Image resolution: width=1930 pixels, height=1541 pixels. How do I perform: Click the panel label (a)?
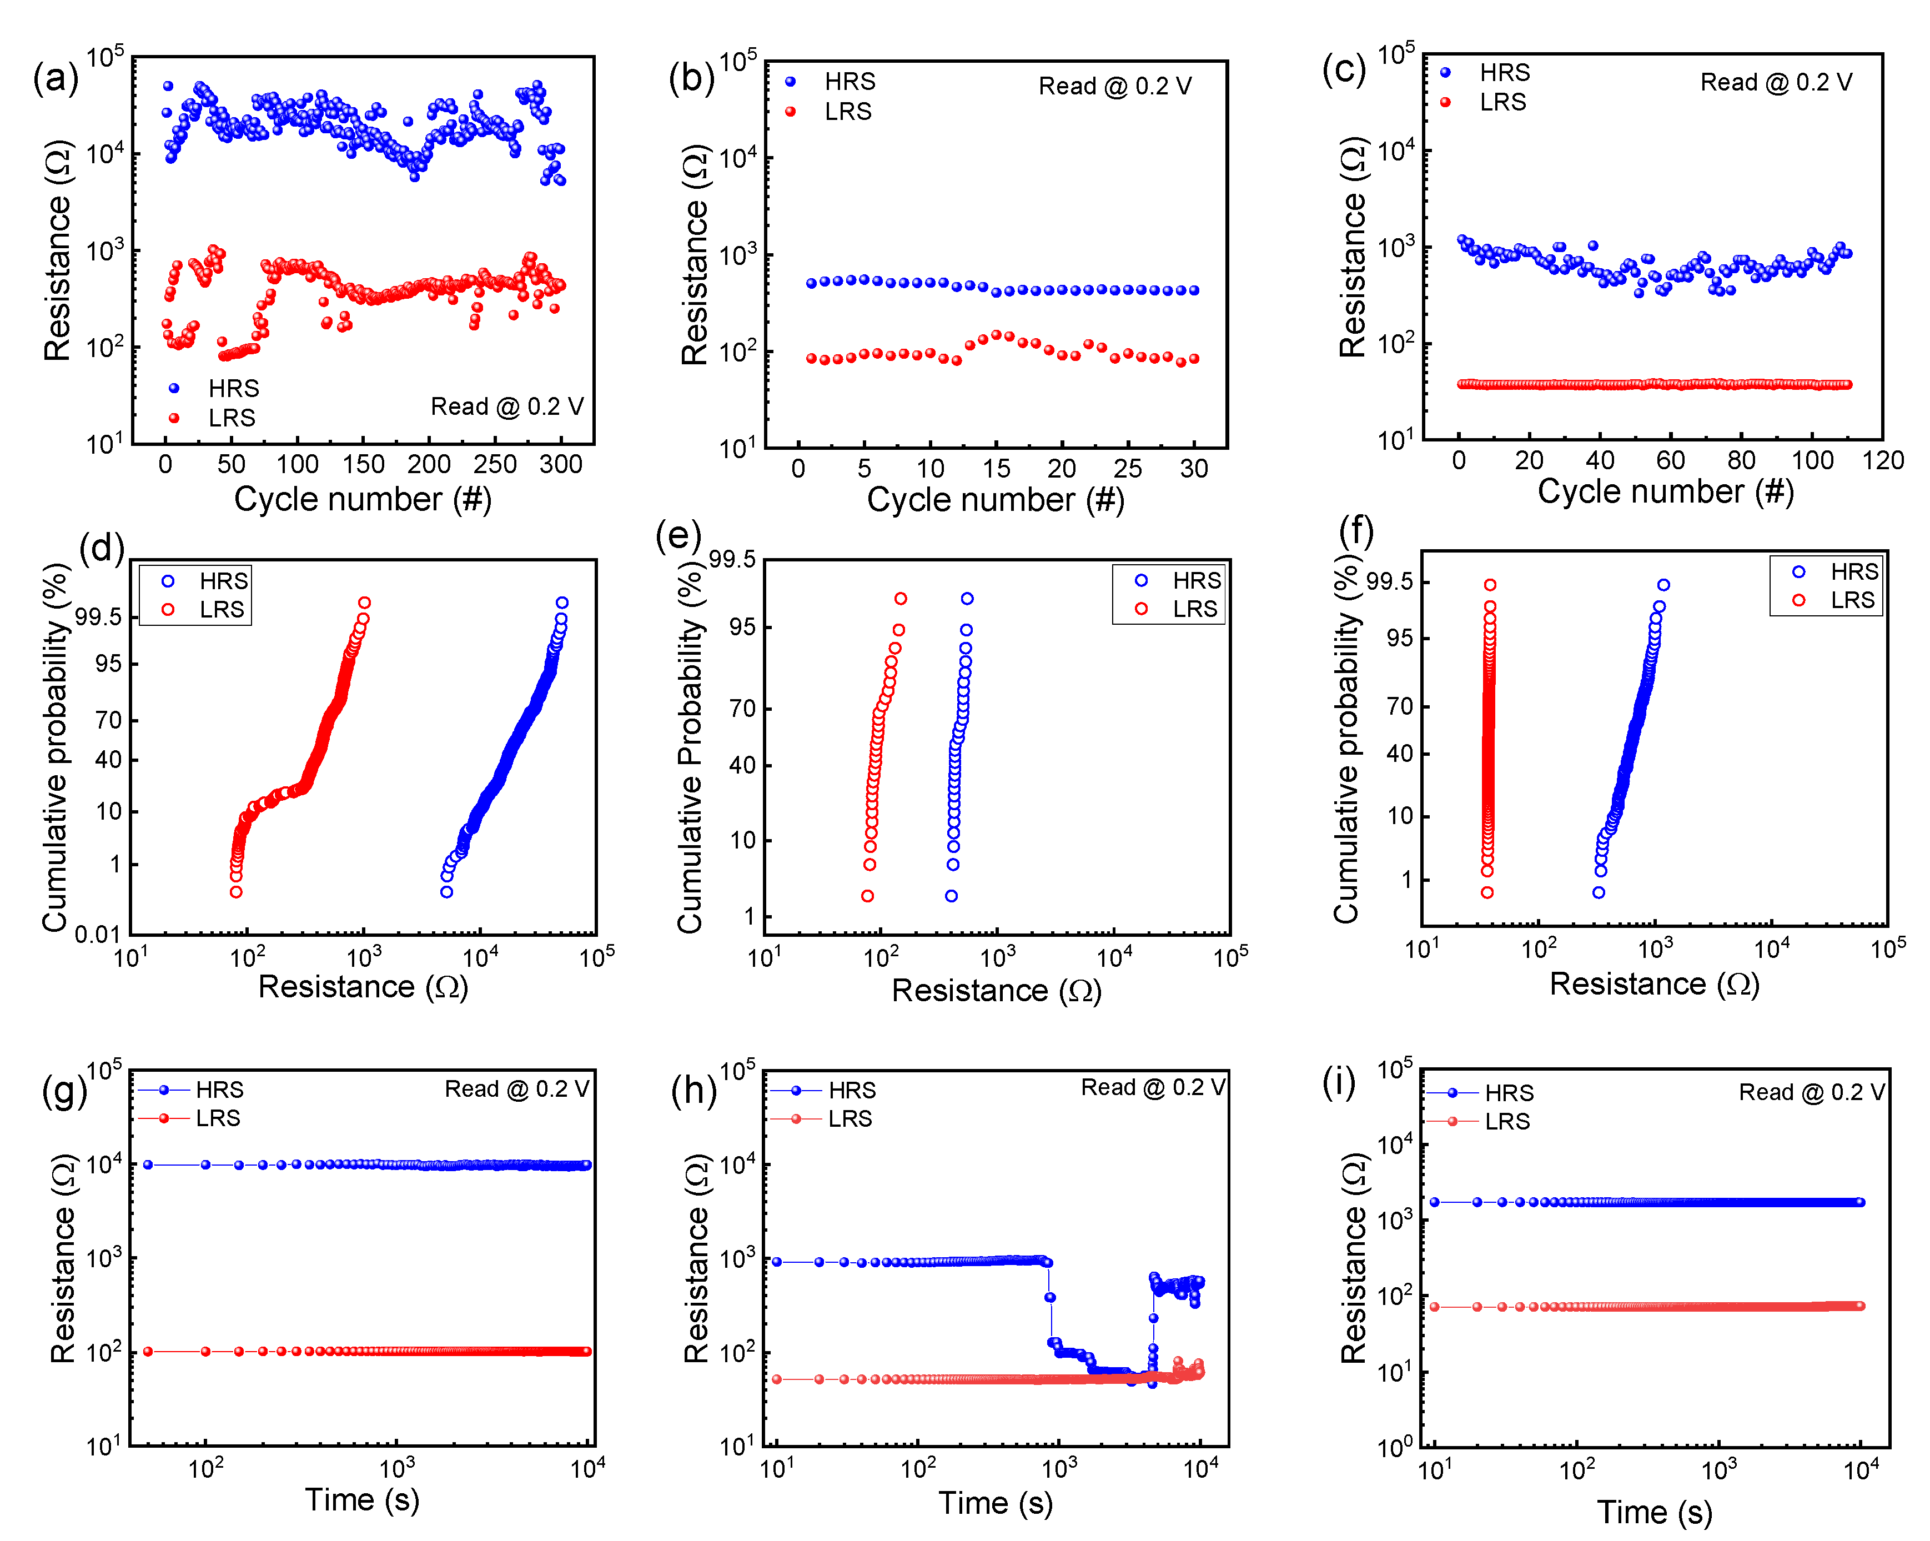coord(56,79)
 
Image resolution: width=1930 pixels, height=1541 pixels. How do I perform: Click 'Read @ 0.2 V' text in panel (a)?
coord(507,406)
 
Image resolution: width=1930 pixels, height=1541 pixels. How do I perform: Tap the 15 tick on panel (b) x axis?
coord(996,468)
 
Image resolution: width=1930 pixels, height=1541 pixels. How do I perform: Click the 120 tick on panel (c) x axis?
coord(1883,460)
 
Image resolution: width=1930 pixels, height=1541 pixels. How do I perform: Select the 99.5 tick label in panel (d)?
coord(98,617)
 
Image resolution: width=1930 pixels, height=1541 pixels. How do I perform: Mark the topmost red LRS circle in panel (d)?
coord(364,603)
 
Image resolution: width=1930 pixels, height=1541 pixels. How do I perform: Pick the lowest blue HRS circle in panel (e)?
coord(952,895)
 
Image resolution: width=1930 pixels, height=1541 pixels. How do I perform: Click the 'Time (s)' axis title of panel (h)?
coord(996,1503)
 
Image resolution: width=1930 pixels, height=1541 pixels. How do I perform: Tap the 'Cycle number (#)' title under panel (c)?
coord(1665,491)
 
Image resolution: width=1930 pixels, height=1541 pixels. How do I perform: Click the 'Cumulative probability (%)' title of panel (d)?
coord(56,747)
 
